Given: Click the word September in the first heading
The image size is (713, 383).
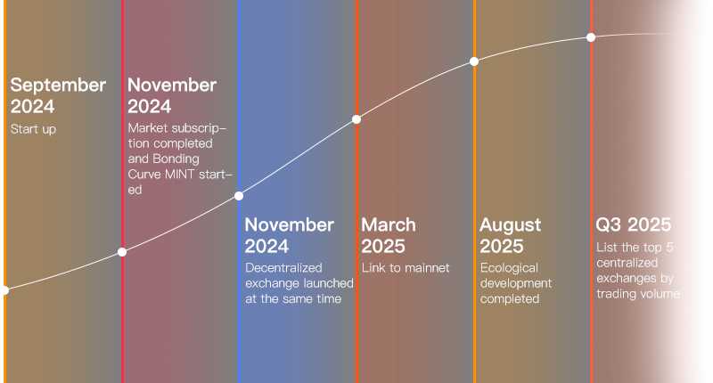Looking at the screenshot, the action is coord(58,86).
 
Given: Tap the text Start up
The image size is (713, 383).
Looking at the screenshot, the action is coord(33,129).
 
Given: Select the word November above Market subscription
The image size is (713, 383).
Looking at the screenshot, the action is coord(172,85).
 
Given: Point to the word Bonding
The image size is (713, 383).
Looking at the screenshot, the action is coord(176,159).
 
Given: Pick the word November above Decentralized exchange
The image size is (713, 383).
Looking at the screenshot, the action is coord(289,224).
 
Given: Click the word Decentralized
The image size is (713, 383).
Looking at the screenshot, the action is coord(283,267).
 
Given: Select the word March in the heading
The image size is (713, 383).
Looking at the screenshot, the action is coord(389,224).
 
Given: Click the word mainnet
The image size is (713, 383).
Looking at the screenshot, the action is coord(427,267).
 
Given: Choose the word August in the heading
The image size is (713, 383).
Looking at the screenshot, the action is coord(510,224).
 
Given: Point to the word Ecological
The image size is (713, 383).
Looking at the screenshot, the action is coord(509,268).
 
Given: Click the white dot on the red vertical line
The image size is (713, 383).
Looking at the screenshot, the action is coord(122,252).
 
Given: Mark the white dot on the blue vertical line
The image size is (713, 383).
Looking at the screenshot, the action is coord(239,196).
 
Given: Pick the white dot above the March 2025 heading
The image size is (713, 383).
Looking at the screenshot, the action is coord(356,119).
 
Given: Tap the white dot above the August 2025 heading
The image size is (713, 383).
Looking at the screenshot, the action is coord(474,61).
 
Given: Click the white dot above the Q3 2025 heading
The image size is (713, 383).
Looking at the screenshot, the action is coord(591,37).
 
